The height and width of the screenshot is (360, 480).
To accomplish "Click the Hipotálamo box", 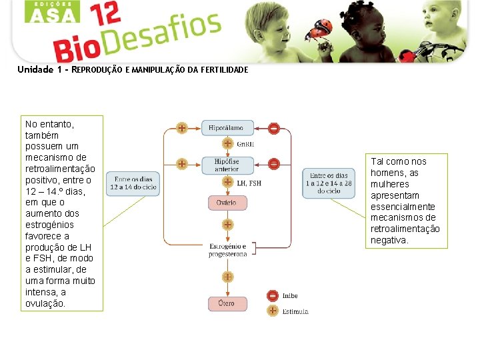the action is pos(226,127).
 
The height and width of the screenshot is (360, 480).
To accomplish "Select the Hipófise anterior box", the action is pos(226,165).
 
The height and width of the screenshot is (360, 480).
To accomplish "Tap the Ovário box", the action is pos(226,202).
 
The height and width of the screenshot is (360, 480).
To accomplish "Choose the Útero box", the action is pos(226,304).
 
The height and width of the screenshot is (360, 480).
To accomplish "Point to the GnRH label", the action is pos(245,144).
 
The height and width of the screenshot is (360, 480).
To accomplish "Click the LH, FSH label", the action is pos(249,183).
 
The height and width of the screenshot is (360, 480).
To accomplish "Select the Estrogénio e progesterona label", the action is pos(227,251).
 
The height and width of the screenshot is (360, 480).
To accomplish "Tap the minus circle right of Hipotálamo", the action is pos(273,128).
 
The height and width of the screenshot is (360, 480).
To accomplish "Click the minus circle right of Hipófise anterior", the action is pos(273,163).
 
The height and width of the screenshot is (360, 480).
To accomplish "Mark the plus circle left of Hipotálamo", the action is pos(181,128).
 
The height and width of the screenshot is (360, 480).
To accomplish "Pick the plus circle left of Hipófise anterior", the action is pos(181,163).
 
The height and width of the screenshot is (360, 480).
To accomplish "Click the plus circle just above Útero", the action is pos(227,277).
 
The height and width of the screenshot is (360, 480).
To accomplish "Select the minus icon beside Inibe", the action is pos(272,296).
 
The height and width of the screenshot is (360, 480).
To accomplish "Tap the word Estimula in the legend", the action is pos(295,311).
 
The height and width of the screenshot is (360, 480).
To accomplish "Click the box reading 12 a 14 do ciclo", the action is pos(133,183).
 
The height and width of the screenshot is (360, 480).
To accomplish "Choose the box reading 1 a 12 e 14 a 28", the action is pos(329,183).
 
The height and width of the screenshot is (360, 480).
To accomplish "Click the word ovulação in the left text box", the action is pos(45,303).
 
